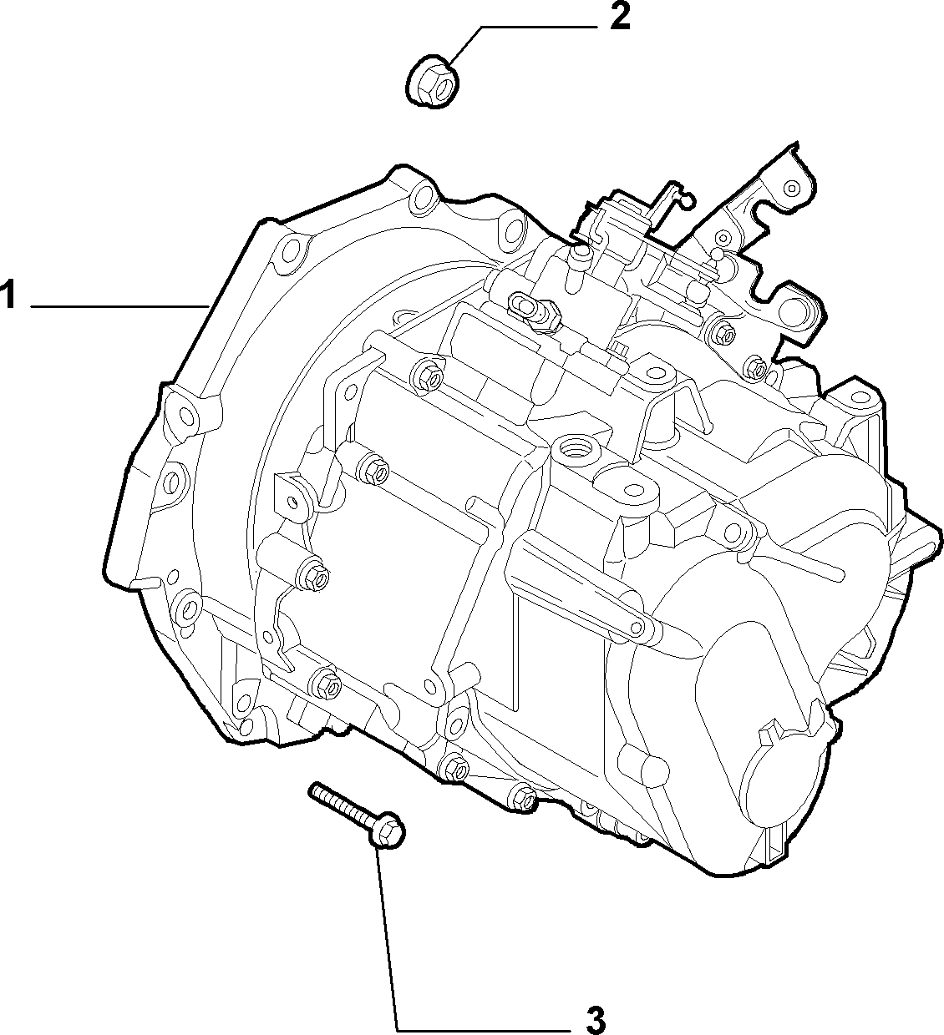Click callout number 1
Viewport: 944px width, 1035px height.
pyautogui.click(x=9, y=295)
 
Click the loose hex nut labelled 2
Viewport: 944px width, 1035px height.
pyautogui.click(x=434, y=86)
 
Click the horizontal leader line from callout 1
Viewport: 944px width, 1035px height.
pyautogui.click(x=119, y=307)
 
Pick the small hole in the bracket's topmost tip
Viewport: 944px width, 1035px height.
pyautogui.click(x=791, y=189)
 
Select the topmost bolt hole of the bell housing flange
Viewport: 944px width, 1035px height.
pyautogui.click(x=424, y=196)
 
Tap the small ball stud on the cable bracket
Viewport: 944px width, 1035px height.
pyautogui.click(x=717, y=254)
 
